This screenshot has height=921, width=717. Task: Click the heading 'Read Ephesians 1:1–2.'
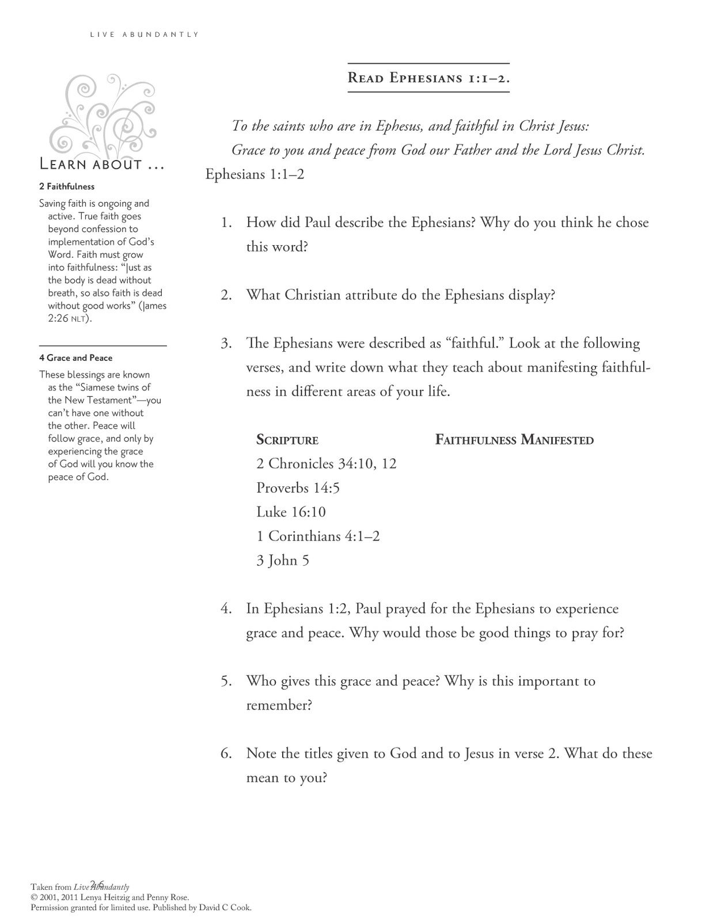tap(428, 78)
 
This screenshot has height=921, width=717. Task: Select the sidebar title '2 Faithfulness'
tap(67, 187)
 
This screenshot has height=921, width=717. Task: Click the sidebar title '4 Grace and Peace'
tap(76, 358)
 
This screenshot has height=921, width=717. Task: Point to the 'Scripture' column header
tap(287, 440)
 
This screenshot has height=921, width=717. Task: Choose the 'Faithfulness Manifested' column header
tap(514, 440)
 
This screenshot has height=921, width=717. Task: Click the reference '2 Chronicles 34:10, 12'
tap(327, 464)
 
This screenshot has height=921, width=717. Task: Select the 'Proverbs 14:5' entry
tap(298, 488)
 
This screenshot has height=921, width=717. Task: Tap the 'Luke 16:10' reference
tap(291, 512)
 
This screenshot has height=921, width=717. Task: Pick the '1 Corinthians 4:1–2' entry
tap(318, 536)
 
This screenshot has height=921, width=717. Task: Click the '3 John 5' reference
tap(283, 561)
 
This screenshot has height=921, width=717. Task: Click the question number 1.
tap(226, 223)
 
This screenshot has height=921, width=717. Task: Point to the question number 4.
tap(226, 609)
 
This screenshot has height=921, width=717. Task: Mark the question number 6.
tap(226, 753)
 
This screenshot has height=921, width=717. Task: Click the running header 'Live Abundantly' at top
tap(144, 35)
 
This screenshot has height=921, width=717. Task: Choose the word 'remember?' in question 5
tap(279, 705)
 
